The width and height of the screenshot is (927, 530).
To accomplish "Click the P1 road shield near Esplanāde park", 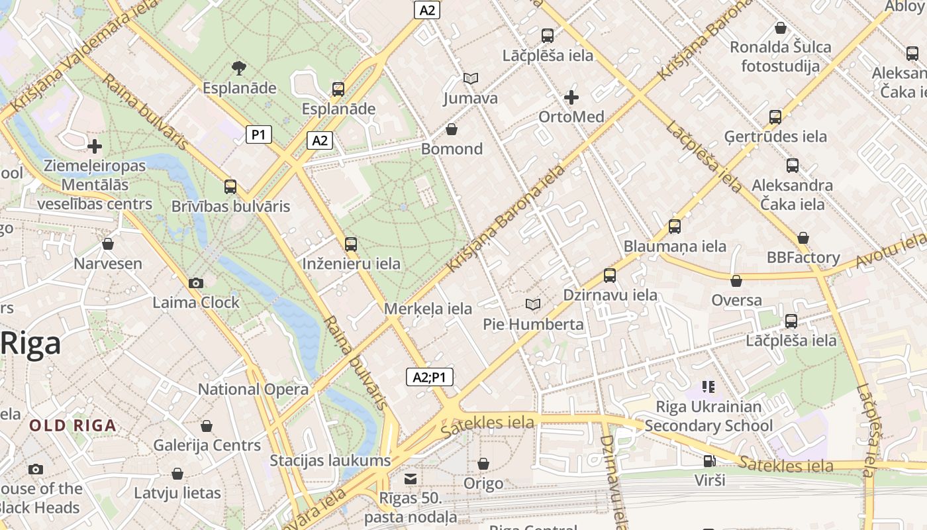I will tap(259, 135).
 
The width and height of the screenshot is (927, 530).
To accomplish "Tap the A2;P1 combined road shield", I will tap(429, 377).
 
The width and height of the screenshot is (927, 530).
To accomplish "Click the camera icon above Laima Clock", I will tap(195, 283).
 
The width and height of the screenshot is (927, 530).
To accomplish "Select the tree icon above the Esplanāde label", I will tap(238, 67).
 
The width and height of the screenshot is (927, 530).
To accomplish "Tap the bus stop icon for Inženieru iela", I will tap(351, 244).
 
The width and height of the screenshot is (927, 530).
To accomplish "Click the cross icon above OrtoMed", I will tap(571, 97).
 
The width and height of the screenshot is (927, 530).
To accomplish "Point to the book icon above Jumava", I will tap(470, 78).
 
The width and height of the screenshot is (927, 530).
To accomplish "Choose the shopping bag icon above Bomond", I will tap(452, 129).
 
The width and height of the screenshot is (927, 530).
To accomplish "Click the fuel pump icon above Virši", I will tap(709, 460).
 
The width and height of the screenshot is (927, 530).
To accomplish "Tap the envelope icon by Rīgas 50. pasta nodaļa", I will tap(411, 478).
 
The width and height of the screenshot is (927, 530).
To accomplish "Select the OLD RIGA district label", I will tap(73, 425).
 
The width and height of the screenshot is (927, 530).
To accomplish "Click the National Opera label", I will tap(253, 389).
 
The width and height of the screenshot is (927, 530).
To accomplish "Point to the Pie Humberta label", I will tap(533, 324).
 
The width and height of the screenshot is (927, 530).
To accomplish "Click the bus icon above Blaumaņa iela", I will tap(675, 226).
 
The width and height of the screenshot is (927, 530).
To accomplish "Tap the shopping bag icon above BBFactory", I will tap(803, 237).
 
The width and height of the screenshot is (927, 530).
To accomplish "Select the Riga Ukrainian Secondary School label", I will tap(708, 416).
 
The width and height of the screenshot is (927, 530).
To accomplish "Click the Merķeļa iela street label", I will tap(428, 309).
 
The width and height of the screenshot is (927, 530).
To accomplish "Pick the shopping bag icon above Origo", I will tap(483, 464).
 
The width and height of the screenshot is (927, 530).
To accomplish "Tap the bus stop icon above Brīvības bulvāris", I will tap(230, 186).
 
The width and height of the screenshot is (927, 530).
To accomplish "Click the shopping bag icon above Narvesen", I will tap(108, 244).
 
